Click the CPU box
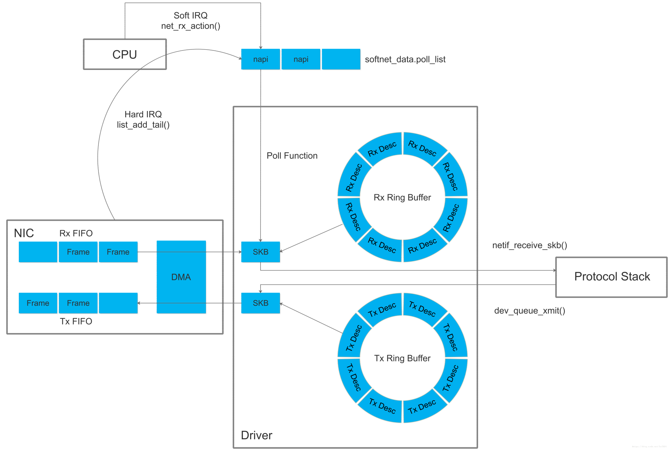tap(125, 54)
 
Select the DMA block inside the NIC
tap(181, 277)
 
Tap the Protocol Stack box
tap(611, 277)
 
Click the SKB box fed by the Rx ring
tap(260, 252)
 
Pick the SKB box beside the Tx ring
tap(260, 303)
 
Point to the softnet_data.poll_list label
tap(405, 60)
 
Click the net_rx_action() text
tap(190, 26)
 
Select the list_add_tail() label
tap(143, 125)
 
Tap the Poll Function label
tap(292, 156)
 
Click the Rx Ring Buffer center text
tap(402, 198)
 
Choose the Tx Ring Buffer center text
tap(402, 359)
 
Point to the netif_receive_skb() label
tap(530, 245)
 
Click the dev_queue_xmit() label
tap(530, 310)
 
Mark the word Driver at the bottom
tap(256, 435)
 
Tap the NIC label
tap(24, 233)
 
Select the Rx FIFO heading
tap(76, 233)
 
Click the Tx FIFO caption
tap(76, 321)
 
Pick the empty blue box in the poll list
tap(341, 59)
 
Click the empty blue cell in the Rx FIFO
tap(38, 252)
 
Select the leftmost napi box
tap(260, 59)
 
